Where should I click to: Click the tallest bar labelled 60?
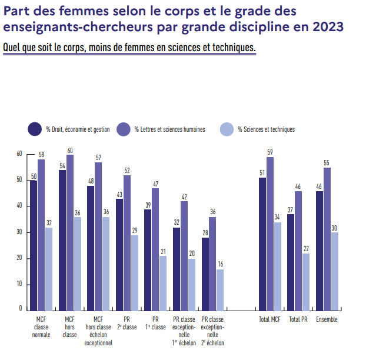point(70,232)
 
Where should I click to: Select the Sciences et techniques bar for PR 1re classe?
point(163,283)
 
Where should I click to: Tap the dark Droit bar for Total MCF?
point(262,244)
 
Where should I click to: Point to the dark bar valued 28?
point(205,274)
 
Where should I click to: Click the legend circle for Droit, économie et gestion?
point(35,129)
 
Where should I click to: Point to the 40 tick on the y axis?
point(19,206)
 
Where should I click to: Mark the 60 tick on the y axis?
point(19,154)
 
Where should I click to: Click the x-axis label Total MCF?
point(269,319)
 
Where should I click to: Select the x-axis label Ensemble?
point(327,319)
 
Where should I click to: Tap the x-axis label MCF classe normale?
point(41,326)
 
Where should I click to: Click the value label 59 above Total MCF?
point(270,152)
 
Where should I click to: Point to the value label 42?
point(184,196)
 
